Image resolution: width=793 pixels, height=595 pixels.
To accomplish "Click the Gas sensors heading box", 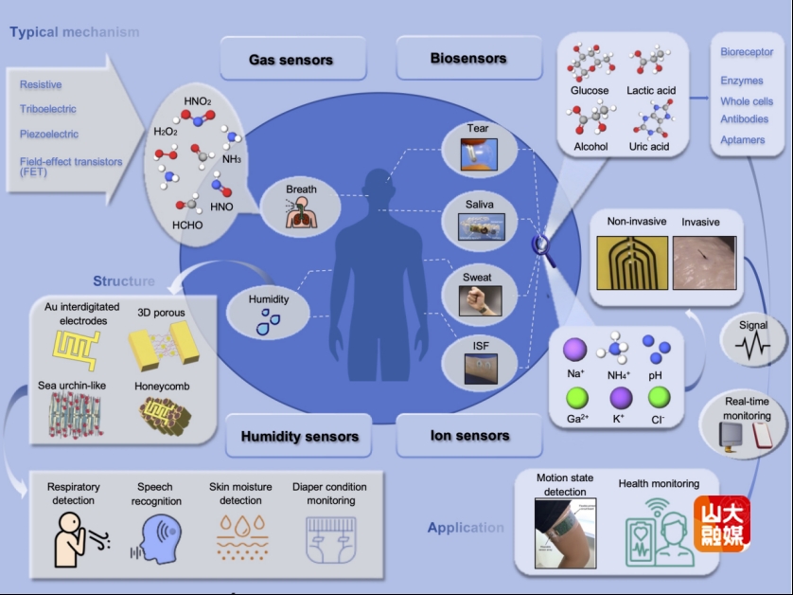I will tap(291, 60).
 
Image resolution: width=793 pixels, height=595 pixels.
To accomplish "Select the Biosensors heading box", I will tap(467, 59).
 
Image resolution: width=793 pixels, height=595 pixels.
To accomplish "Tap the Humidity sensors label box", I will tap(299, 437).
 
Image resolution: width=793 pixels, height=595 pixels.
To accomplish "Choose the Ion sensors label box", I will tap(469, 436).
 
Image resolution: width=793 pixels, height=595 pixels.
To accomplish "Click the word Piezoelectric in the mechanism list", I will tap(49, 135).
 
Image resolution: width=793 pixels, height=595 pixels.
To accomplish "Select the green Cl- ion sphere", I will tap(660, 396).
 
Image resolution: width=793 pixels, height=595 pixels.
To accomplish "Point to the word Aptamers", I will tap(742, 140).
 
